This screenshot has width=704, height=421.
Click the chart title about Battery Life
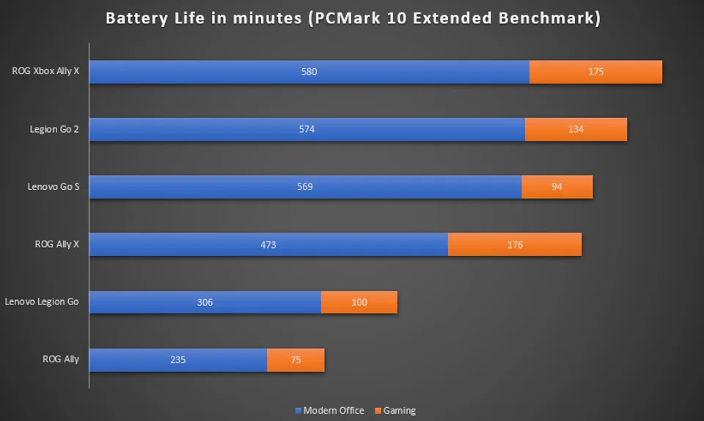point(353,18)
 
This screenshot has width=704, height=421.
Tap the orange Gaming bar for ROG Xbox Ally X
point(595,72)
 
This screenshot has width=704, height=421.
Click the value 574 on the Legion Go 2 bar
point(307,129)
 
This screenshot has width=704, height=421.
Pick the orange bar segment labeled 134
point(576,129)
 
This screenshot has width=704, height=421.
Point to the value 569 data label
point(305,186)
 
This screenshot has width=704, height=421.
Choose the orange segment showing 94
point(557,186)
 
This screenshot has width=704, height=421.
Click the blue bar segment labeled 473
point(268,244)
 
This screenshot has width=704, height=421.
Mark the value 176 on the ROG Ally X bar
point(515,244)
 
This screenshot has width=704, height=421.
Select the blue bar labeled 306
point(205,301)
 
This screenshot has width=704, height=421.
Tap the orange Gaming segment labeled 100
point(359,301)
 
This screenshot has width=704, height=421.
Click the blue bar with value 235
point(178,359)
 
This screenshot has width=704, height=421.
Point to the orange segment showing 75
point(296,359)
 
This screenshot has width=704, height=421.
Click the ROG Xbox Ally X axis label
point(45,72)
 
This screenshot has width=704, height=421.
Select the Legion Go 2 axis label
point(54,129)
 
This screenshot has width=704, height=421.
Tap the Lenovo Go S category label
point(54,186)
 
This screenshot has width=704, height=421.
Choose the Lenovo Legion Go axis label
point(42,301)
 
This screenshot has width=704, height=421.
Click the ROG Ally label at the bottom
point(61,359)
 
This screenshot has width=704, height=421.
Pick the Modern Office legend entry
point(329,411)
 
